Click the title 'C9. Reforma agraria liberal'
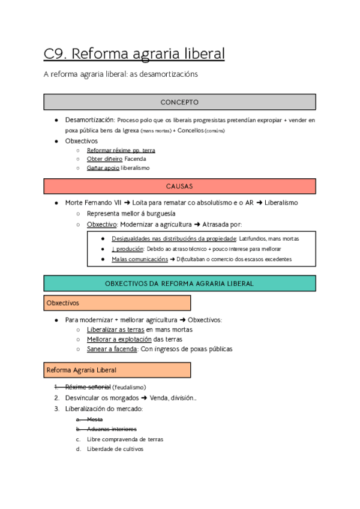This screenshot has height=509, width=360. pos(134,54)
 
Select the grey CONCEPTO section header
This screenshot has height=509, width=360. pos(179,102)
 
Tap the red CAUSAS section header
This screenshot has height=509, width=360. pos(179,187)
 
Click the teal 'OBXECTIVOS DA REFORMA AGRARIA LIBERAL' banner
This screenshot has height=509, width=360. pos(179,283)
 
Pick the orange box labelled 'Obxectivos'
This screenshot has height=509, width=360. pos(117,303)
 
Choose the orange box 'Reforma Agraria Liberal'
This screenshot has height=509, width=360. pos(117,370)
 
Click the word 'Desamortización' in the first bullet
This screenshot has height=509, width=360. pos(89,119)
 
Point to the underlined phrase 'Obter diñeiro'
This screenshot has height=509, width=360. pos(104,159)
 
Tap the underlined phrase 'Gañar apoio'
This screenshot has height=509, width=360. pos(103,168)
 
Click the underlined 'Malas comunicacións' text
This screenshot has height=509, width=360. pos(139,259)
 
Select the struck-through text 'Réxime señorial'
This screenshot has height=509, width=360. pos(88,387)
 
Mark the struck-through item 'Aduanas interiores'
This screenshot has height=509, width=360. pos(112,429)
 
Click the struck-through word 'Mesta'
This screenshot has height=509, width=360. pos(95,420)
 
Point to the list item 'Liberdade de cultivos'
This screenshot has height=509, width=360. pos(115,448)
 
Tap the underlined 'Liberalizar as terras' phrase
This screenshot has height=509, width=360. pos(115,330)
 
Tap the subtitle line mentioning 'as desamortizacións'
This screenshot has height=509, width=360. pos(121,74)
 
